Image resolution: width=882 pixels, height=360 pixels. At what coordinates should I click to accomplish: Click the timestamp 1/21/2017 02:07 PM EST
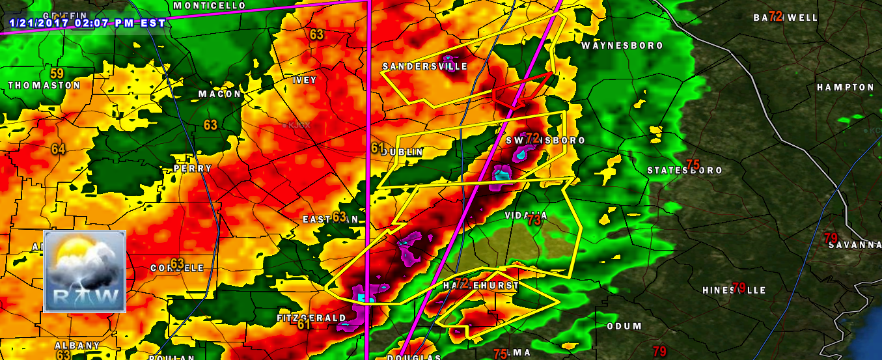(87, 23)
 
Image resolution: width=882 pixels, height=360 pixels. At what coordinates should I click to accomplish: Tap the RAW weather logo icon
(84, 271)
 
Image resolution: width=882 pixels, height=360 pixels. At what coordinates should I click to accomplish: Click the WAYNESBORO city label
(622, 46)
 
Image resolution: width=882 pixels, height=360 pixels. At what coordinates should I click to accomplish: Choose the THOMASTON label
(44, 85)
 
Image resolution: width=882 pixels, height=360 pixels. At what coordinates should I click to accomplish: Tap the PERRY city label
(193, 169)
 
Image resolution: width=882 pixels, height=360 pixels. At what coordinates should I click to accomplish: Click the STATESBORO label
(684, 171)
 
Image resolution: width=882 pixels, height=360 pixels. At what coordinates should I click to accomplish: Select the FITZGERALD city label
(312, 318)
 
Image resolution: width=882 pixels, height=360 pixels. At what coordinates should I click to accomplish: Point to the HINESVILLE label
(734, 290)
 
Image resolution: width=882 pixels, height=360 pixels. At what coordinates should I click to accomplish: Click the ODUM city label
(624, 326)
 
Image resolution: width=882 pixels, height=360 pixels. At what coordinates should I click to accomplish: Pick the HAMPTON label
(845, 87)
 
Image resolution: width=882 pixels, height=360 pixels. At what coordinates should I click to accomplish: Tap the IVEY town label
(305, 80)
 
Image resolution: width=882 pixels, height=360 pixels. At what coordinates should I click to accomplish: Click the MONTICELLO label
(210, 6)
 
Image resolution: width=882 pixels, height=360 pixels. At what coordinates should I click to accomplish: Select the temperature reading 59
(57, 74)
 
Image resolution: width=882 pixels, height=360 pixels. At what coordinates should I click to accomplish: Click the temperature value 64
(59, 149)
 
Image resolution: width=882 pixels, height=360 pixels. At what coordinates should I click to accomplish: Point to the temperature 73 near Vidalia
(534, 221)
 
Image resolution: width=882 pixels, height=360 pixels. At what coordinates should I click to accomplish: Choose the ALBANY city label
(77, 346)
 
